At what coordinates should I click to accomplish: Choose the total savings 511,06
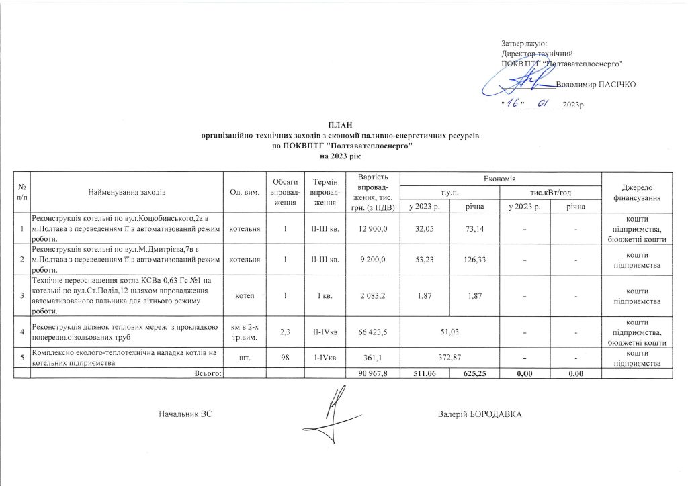pyautogui.click(x=425, y=373)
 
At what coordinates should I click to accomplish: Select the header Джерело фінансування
pyautogui.click(x=637, y=193)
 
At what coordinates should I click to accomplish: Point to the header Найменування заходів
pyautogui.click(x=127, y=193)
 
